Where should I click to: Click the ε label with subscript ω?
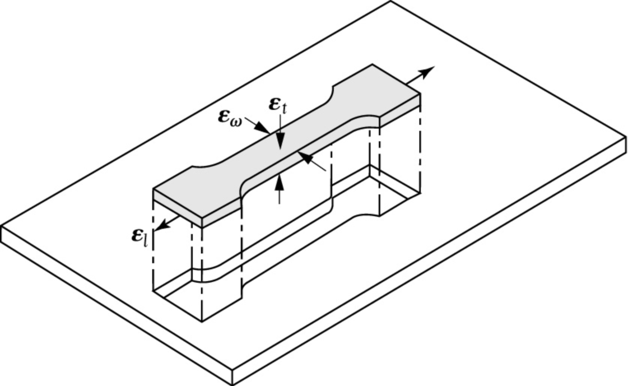[230, 117]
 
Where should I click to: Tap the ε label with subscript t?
[278, 106]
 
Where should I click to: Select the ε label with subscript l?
[140, 236]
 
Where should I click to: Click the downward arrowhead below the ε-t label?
[280, 142]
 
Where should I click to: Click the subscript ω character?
[236, 122]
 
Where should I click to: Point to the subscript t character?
[284, 109]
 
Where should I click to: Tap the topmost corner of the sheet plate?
[390, 1]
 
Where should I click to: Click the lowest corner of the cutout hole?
[202, 322]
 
